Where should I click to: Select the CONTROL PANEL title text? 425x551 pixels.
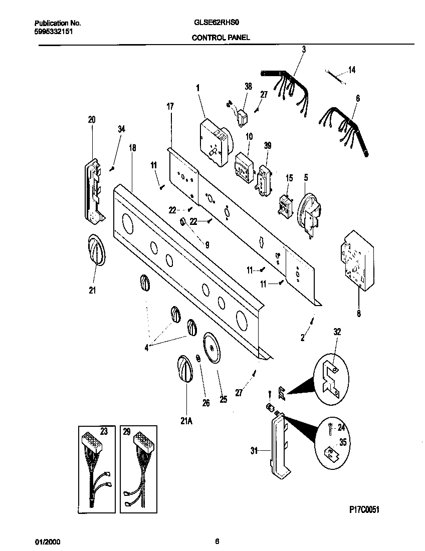coord(221,37)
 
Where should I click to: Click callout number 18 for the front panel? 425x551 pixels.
coord(132,148)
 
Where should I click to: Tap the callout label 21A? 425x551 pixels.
coord(186,421)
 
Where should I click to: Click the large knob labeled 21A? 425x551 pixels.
coord(184,370)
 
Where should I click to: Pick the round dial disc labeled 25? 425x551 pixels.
coord(212,347)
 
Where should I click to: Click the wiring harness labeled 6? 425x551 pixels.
coord(346,129)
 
